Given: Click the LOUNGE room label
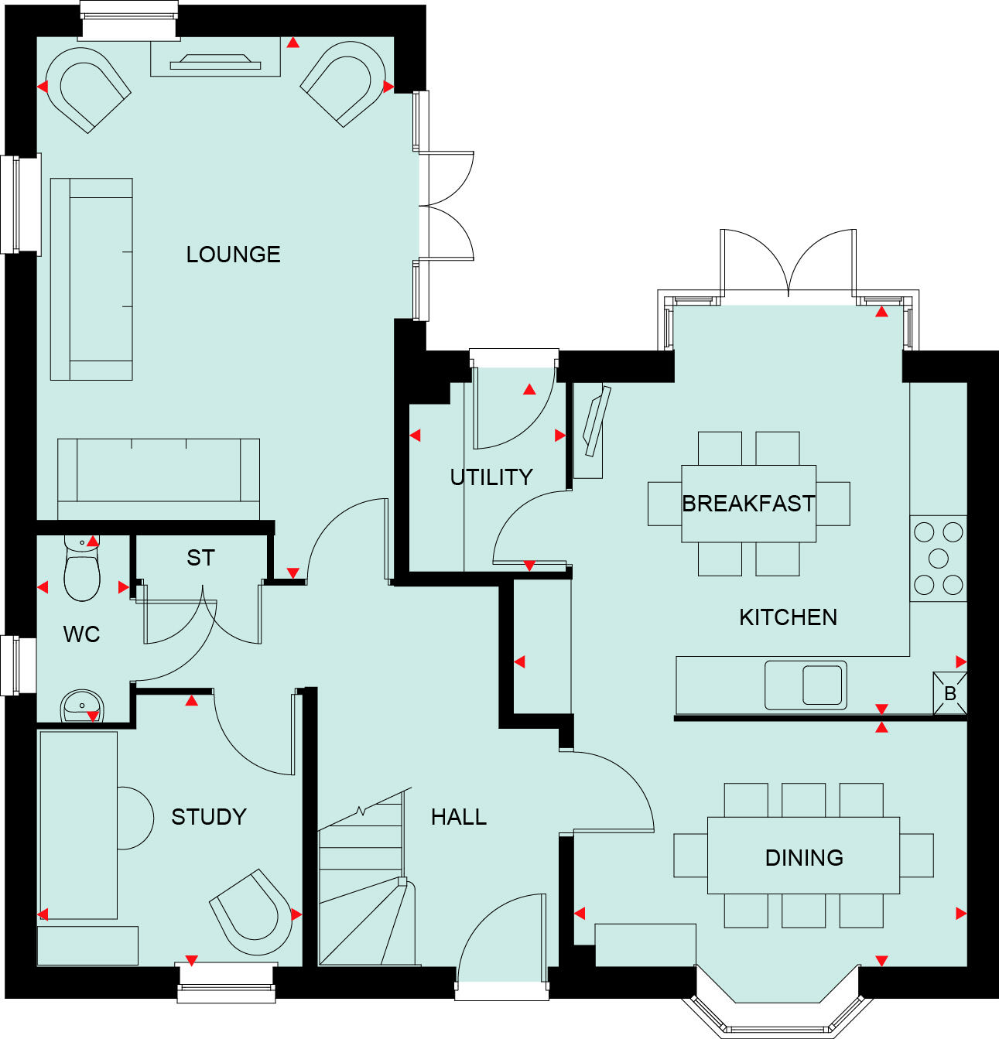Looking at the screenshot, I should click(233, 255).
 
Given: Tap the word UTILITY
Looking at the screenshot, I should click(491, 477).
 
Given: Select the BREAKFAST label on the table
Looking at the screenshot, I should click(748, 504).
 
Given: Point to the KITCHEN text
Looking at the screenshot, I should click(788, 617).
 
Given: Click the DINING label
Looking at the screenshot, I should click(804, 857).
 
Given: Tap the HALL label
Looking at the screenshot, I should click(459, 817).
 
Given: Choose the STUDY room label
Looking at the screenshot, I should click(209, 817).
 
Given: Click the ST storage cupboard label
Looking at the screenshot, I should click(200, 558).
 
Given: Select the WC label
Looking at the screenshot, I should click(82, 634).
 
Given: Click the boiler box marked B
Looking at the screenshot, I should click(950, 693).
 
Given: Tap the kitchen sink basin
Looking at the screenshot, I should click(822, 685).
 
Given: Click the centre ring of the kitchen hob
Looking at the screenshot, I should click(938, 558).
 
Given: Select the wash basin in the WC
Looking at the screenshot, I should click(81, 706).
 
